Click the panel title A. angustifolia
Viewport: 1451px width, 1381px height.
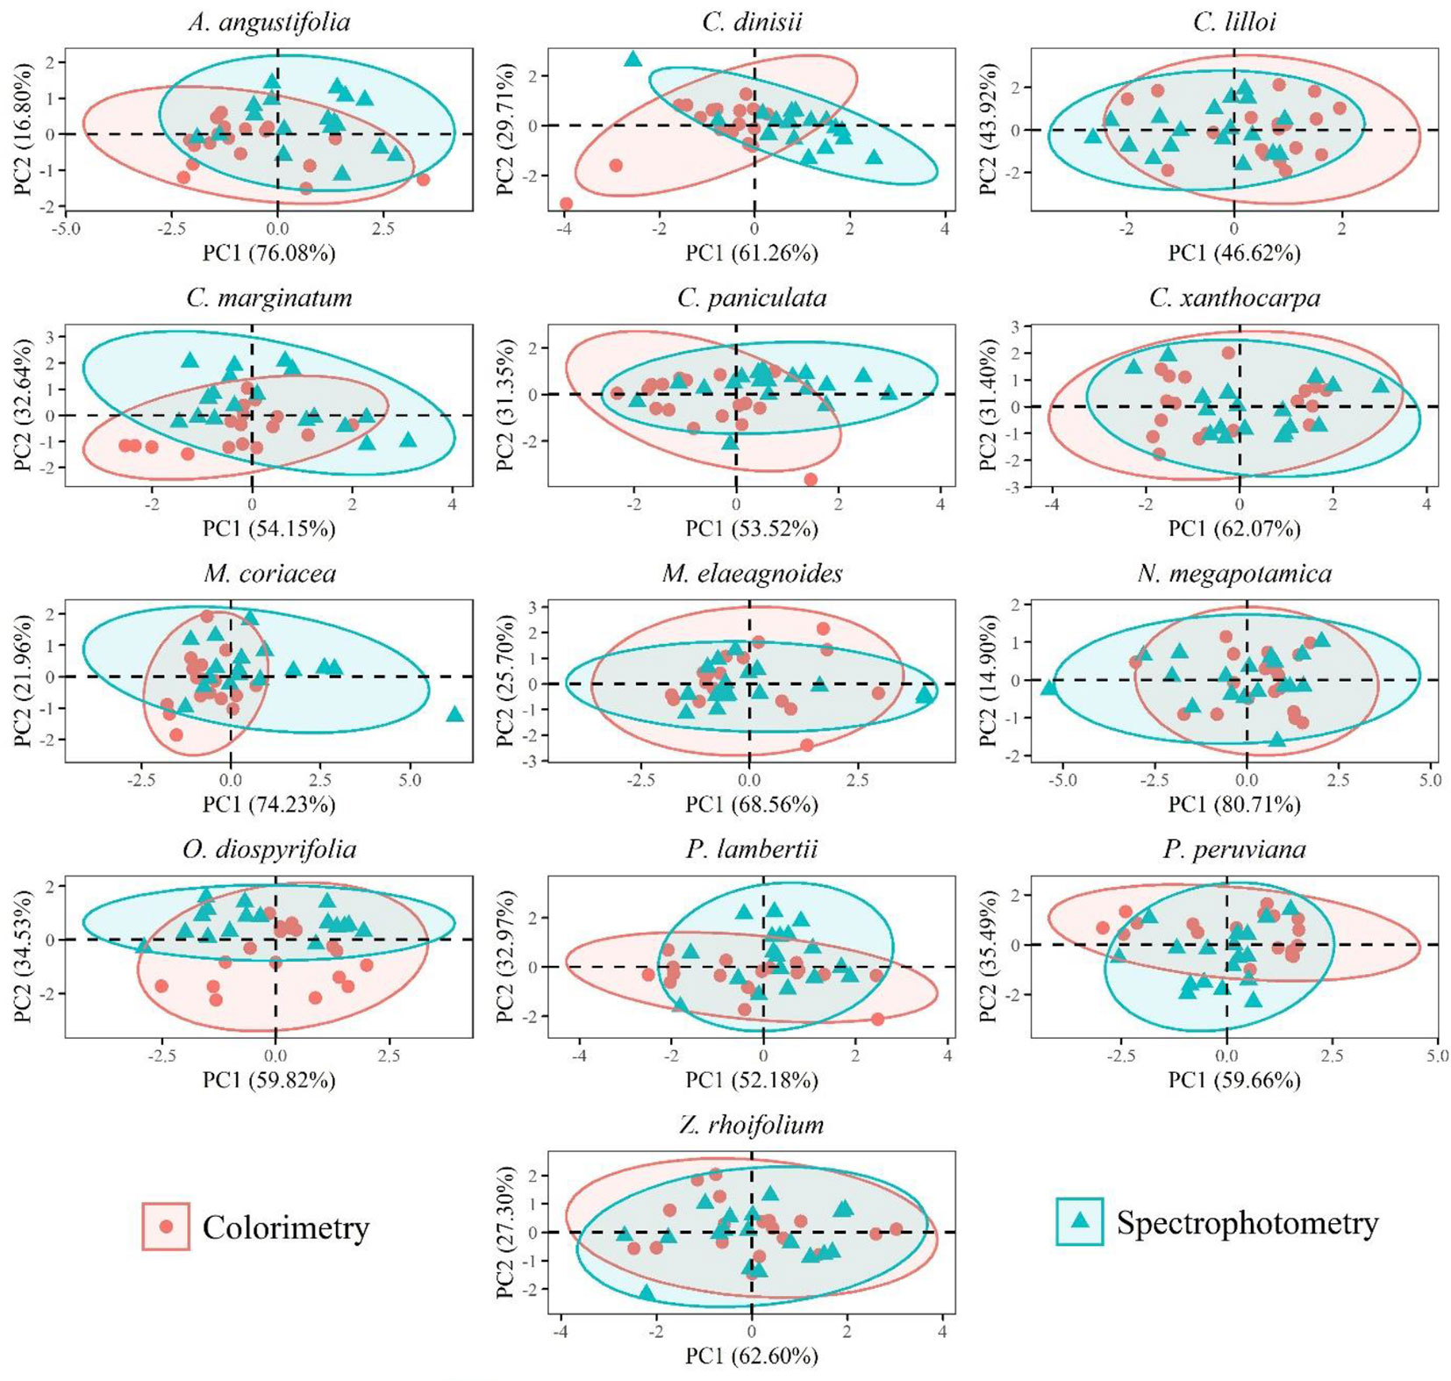tap(268, 22)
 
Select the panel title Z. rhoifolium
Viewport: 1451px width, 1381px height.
tap(752, 1125)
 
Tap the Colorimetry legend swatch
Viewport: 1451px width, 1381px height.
tap(166, 1226)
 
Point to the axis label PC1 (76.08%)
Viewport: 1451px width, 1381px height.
tap(268, 253)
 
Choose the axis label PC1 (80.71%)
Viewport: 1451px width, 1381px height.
tap(1233, 804)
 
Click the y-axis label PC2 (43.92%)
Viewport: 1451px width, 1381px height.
tap(989, 129)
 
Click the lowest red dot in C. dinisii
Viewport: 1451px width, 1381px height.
tap(566, 204)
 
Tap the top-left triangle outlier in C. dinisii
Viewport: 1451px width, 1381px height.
tap(633, 60)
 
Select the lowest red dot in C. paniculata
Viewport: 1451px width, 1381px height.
tap(811, 479)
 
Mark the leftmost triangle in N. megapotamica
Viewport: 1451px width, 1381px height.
tap(1048, 688)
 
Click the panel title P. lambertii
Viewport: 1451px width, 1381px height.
tap(752, 849)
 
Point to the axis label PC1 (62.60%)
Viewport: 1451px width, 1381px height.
tap(752, 1356)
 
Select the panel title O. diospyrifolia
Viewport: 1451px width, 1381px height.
tap(268, 849)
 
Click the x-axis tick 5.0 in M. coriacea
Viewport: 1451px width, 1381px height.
tap(410, 780)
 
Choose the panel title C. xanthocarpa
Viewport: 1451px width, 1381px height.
tap(1233, 298)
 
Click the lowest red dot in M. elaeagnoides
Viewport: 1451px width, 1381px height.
tap(807, 745)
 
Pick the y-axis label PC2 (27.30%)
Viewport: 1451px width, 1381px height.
tap(506, 1233)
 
